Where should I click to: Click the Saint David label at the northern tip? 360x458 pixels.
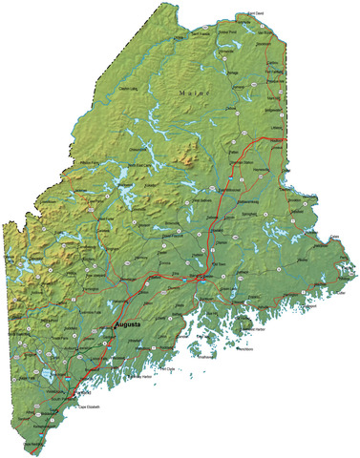coord(255,13)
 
